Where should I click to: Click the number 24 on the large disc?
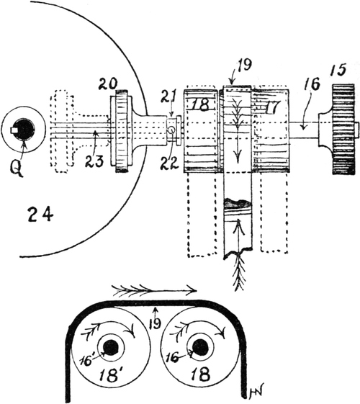pos(40,215)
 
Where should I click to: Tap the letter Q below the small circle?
pos(17,168)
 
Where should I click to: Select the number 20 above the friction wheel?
pos(109,84)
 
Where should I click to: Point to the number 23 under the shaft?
pos(95,161)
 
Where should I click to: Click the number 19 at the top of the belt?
pos(244,65)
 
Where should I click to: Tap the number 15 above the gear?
pos(338,69)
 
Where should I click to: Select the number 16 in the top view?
pos(312,84)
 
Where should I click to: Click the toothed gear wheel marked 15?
pos(343,130)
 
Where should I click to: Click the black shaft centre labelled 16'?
pos(111,348)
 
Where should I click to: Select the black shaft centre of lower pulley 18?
pos(201,348)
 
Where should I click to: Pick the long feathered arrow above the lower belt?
pos(155,290)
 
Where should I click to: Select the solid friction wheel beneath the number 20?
pos(122,131)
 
